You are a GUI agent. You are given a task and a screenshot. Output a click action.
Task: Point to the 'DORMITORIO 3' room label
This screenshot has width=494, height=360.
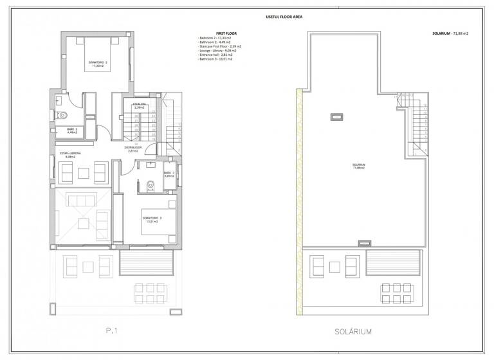coord(152,219)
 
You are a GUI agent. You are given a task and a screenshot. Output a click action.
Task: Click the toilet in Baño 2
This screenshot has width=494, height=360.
coord(63,116)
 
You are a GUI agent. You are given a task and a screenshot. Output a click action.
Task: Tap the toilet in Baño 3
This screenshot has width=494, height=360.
coord(150,186)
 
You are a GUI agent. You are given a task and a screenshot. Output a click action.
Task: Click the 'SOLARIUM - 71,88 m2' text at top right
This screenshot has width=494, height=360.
coord(450,33)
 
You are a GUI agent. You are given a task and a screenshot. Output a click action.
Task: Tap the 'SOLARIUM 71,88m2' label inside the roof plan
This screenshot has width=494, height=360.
coord(358,166)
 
